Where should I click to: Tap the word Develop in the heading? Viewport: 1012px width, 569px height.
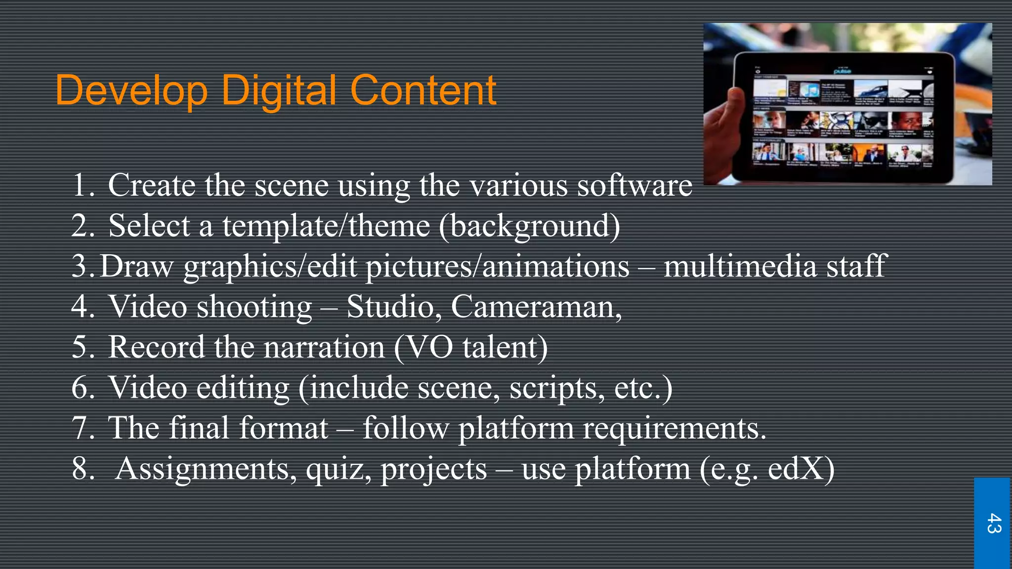pyautogui.click(x=131, y=91)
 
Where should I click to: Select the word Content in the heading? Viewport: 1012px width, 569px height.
pyautogui.click(x=423, y=91)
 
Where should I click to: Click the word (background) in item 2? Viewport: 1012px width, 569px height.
pyautogui.click(x=529, y=226)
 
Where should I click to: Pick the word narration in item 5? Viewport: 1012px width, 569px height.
pyautogui.click(x=324, y=347)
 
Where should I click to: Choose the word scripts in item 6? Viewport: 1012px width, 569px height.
pyautogui.click(x=556, y=388)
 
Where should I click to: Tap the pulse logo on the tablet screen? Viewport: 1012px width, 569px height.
pyautogui.click(x=843, y=71)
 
